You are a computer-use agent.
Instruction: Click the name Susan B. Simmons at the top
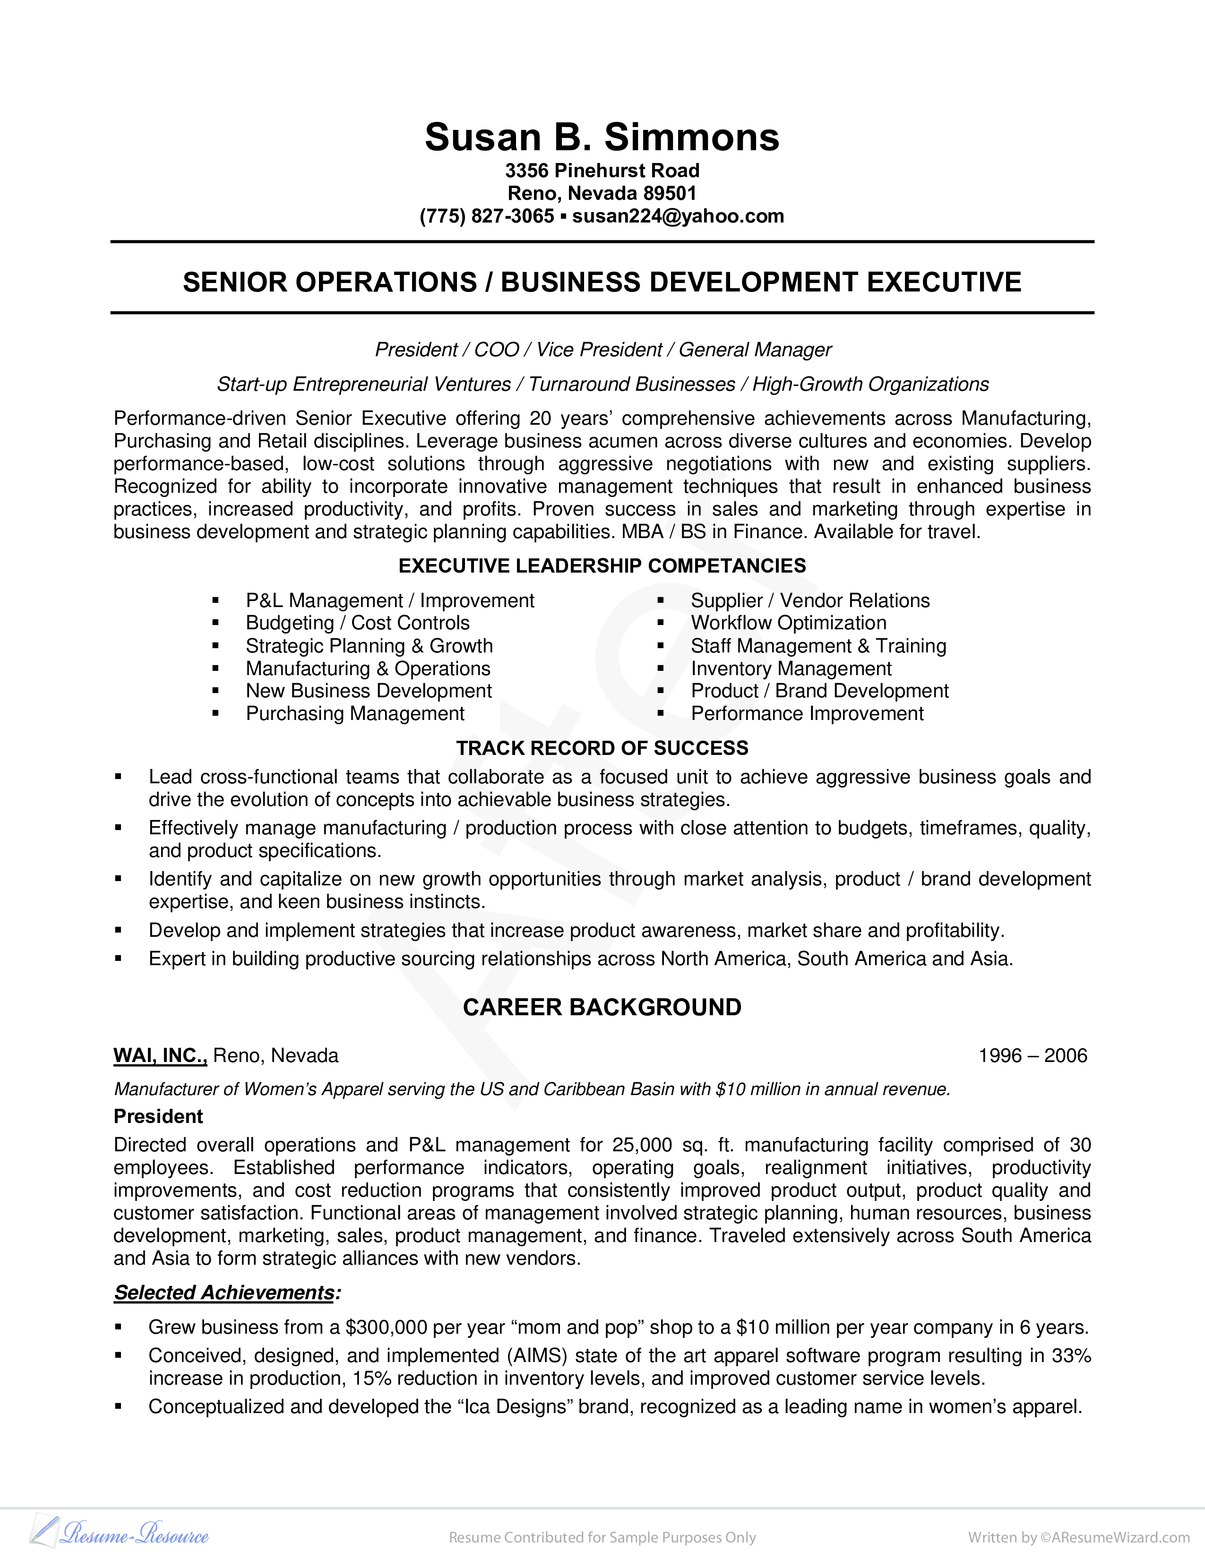pyautogui.click(x=602, y=137)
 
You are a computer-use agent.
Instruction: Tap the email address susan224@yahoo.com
pyautogui.click(x=678, y=216)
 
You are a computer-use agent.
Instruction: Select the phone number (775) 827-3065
pyautogui.click(x=486, y=216)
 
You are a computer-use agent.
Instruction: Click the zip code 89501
pyautogui.click(x=669, y=193)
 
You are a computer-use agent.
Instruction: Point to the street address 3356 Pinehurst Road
pyautogui.click(x=602, y=171)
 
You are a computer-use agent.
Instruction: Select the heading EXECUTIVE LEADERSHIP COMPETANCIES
pyautogui.click(x=602, y=566)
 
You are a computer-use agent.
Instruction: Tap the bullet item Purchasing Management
pyautogui.click(x=355, y=714)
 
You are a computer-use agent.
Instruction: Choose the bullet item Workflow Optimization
pyautogui.click(x=788, y=623)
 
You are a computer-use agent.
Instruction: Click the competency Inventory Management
pyautogui.click(x=791, y=669)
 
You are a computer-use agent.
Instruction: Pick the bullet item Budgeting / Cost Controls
pyautogui.click(x=358, y=623)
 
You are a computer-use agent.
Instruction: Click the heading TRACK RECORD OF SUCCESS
pyautogui.click(x=602, y=748)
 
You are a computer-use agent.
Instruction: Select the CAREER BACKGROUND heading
pyautogui.click(x=602, y=1007)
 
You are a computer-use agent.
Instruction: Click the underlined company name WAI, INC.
pyautogui.click(x=160, y=1056)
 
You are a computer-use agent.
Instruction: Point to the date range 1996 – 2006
pyautogui.click(x=1032, y=1056)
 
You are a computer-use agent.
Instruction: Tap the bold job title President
pyautogui.click(x=158, y=1116)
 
